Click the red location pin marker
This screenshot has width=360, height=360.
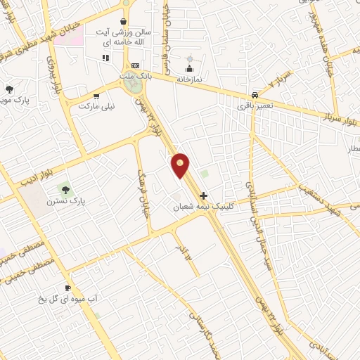[181, 165]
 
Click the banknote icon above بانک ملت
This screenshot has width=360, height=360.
[136, 65]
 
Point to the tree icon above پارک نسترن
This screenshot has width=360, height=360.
[66, 189]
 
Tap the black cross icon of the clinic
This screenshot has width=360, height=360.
[204, 195]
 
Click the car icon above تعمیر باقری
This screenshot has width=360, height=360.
[254, 95]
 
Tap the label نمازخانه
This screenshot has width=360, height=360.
[188, 79]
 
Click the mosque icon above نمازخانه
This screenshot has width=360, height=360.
[188, 69]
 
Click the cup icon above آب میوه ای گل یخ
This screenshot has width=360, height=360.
[68, 288]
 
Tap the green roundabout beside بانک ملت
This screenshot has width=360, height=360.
[131, 85]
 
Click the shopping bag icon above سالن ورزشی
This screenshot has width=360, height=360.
[124, 21]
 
